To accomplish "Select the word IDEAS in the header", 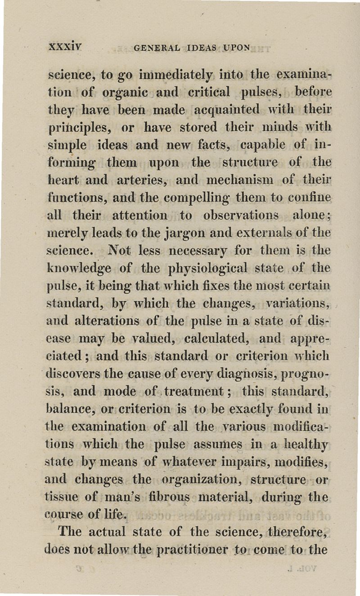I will pos(204,48).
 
